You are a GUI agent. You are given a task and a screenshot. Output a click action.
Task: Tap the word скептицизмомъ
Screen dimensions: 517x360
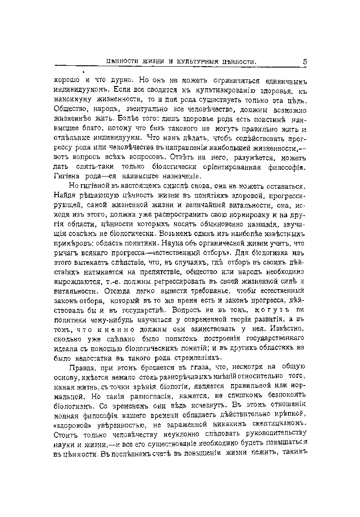277,426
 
